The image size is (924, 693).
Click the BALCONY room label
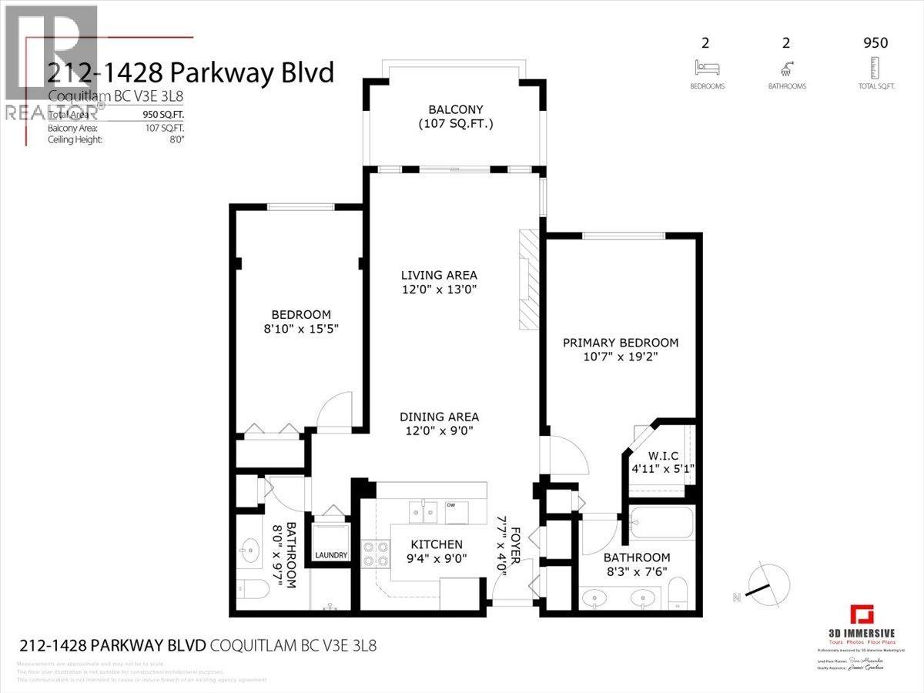pos(455,109)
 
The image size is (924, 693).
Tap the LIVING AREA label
pos(439,275)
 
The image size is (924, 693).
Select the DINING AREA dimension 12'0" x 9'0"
pos(439,431)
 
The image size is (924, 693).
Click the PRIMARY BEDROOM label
pos(621,343)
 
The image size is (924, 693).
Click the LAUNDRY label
pos(331,555)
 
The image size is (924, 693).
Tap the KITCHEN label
pos(436,544)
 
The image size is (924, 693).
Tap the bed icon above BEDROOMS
pos(707,67)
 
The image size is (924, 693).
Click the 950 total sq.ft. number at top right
pos(875,43)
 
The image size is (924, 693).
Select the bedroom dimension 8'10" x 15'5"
pos(301,329)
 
